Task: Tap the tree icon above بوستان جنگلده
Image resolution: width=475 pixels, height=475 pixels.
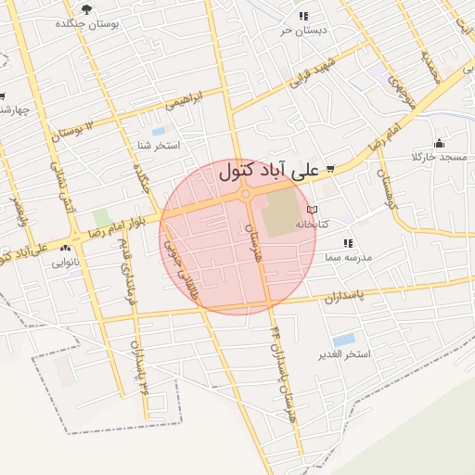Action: (86, 9)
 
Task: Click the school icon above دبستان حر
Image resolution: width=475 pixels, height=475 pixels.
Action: (302, 16)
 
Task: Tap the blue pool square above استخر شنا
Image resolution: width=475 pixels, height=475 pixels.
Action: (159, 132)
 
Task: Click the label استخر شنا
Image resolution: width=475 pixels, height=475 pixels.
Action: (159, 146)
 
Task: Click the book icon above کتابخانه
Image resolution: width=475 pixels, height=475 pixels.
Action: (314, 210)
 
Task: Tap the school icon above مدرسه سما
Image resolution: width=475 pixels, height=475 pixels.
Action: (347, 243)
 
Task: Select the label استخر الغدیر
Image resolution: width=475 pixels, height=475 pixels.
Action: (344, 355)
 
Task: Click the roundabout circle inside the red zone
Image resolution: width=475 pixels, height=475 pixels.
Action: (245, 195)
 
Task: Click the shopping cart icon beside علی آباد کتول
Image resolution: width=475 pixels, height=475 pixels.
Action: (329, 170)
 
